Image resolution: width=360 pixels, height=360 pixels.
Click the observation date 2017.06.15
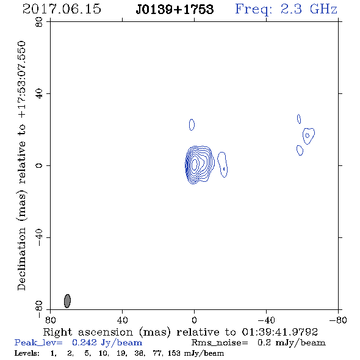pyautogui.click(x=62, y=9)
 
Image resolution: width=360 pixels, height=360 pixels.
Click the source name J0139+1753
pyautogui.click(x=175, y=9)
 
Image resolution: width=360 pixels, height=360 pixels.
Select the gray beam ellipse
pyautogui.click(x=67, y=301)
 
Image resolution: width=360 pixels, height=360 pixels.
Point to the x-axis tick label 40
pyautogui.click(x=122, y=320)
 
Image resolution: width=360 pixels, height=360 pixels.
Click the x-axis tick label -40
pyautogui.click(x=266, y=320)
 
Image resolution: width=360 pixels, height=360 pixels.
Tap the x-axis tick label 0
pyautogui.click(x=194, y=320)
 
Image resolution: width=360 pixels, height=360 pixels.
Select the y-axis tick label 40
pyautogui.click(x=39, y=94)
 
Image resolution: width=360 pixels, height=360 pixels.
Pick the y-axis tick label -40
pyautogui.click(x=39, y=237)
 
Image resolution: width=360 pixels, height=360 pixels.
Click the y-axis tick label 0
pyautogui.click(x=39, y=165)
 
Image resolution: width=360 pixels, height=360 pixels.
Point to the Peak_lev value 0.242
pyautogui.click(x=84, y=342)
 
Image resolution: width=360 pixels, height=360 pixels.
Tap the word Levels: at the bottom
pyautogui.click(x=27, y=353)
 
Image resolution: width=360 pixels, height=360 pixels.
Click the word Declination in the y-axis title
pyautogui.click(x=21, y=259)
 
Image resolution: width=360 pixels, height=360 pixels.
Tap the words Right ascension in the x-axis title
pyautogui.click(x=88, y=332)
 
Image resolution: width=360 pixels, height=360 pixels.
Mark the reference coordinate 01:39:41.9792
pyautogui.click(x=279, y=332)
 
